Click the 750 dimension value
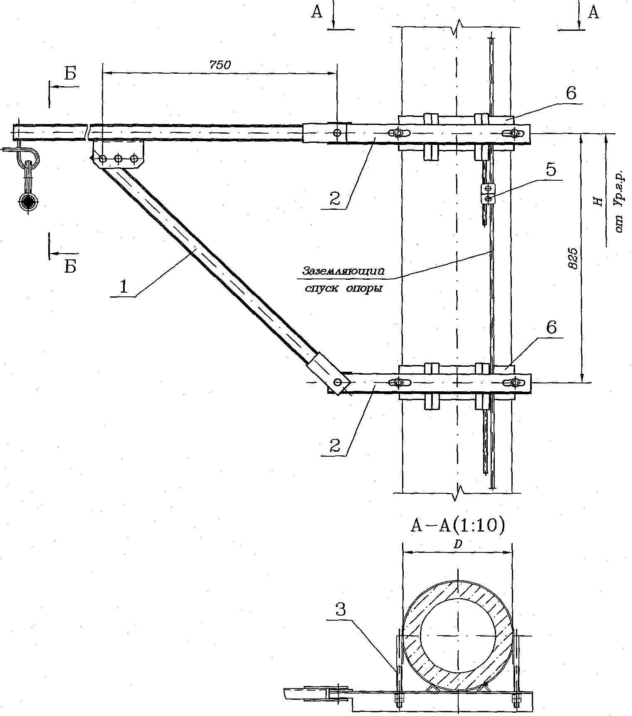pyautogui.click(x=220, y=65)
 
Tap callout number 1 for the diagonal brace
pyautogui.click(x=123, y=288)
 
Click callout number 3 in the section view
pyautogui.click(x=340, y=610)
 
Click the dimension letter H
pyautogui.click(x=598, y=201)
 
